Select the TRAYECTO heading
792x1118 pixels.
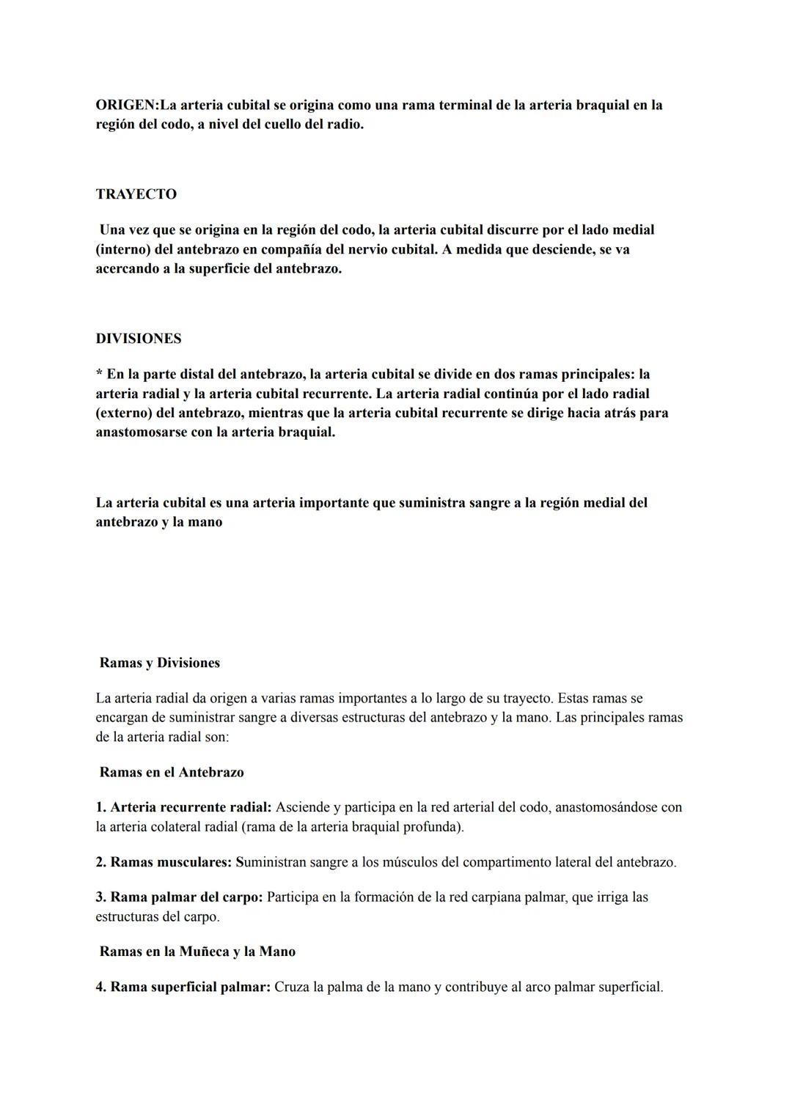136,194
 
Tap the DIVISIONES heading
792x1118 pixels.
139,339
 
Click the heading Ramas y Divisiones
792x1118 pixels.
160,663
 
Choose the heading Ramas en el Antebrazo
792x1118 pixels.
172,772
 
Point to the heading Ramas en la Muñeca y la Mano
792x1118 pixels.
197,952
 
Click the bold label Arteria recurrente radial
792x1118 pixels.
190,807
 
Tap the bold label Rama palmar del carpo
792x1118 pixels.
186,897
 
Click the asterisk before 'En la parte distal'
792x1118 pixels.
99,375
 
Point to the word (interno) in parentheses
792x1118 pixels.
122,249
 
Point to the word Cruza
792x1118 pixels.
292,987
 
